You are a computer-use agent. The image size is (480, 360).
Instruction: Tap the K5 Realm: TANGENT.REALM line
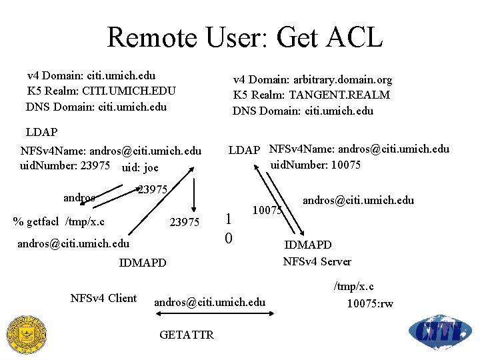pos(311,95)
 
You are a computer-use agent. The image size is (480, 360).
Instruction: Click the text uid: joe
pos(141,166)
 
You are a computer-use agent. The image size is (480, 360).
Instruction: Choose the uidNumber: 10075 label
pos(315,164)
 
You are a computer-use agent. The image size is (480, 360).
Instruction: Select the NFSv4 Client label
pos(103,298)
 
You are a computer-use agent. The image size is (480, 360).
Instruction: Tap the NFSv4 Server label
pos(317,261)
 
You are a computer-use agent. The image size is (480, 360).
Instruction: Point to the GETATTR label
pos(187,335)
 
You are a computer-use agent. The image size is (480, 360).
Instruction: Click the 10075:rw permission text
pos(370,304)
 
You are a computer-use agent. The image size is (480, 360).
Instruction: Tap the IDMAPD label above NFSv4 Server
pos(308,245)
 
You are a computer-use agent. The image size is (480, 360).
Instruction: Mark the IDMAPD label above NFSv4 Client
pos(143,263)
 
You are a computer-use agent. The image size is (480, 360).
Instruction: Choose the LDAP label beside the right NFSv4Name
pos(244,150)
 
